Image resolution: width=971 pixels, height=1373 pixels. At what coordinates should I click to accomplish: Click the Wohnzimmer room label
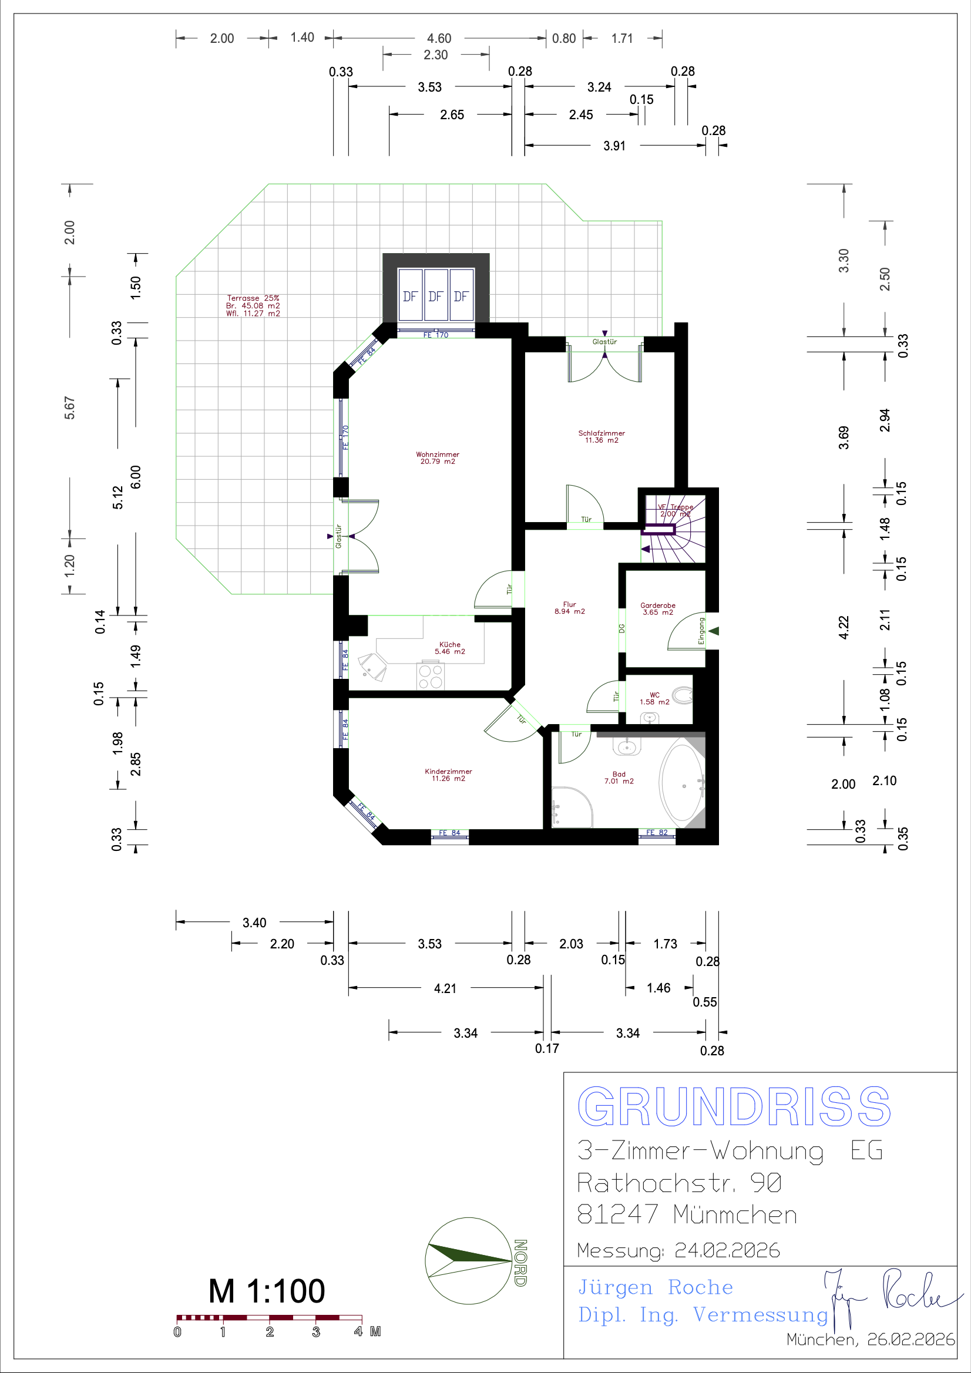click(x=438, y=458)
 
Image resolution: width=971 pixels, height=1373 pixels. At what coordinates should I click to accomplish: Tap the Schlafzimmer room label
click(x=602, y=436)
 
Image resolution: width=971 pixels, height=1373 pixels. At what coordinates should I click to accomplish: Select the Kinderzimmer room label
click(x=448, y=775)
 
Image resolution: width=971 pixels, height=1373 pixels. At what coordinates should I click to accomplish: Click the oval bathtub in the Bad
click(x=682, y=783)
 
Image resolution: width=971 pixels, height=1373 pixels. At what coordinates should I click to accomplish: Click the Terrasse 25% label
click(x=253, y=298)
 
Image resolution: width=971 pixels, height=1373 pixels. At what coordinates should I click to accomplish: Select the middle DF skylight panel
click(x=435, y=296)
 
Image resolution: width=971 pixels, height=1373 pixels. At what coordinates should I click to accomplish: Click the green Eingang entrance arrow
click(x=713, y=631)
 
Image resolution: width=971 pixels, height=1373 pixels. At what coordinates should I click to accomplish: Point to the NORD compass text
click(x=520, y=1263)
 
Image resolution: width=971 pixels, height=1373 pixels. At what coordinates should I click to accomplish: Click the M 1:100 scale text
click(x=267, y=1291)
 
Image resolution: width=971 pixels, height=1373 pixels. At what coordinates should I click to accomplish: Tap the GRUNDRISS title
click(x=734, y=1107)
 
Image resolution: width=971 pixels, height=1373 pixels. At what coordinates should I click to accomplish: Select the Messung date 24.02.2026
click(x=727, y=1250)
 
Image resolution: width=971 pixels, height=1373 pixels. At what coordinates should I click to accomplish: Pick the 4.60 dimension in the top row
click(x=439, y=38)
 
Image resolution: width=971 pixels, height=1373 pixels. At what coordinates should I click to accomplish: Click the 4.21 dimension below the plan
click(x=445, y=988)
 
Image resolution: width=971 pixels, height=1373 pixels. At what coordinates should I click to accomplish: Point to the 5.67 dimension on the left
click(x=70, y=408)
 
